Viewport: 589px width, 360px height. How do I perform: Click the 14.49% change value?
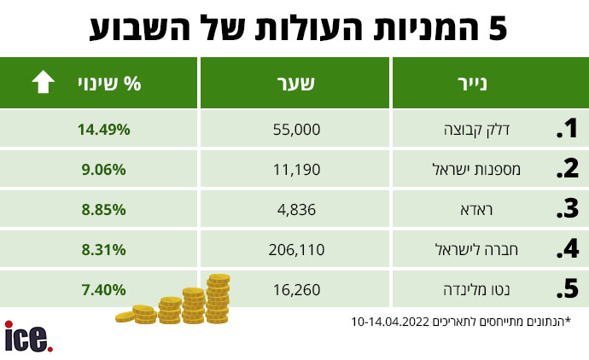(x=102, y=130)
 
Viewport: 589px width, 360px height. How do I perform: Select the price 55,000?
(x=296, y=130)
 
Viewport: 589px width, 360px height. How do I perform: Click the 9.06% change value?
(x=102, y=170)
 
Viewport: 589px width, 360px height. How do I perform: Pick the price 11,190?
(x=296, y=170)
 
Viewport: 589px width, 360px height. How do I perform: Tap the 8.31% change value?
(x=102, y=250)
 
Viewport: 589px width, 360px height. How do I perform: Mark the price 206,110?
(x=296, y=250)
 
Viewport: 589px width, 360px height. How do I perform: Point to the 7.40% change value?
(x=102, y=290)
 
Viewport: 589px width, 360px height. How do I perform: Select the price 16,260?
(x=296, y=290)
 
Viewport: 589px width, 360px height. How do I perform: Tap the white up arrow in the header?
(x=43, y=83)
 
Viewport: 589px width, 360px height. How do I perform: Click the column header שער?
(x=296, y=84)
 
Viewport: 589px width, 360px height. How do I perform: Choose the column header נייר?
(x=490, y=84)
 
